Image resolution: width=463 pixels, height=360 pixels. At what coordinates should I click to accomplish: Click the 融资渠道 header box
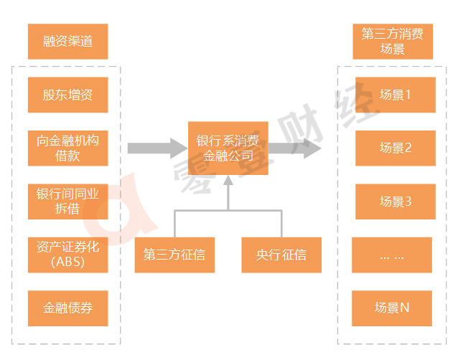(68, 42)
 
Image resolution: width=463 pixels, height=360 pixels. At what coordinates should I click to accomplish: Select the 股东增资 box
(68, 95)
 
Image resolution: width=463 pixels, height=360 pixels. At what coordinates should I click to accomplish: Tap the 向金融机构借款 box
(68, 148)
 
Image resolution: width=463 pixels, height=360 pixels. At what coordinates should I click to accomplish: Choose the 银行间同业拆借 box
(68, 202)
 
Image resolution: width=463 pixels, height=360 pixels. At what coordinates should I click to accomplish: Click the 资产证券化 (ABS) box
(68, 255)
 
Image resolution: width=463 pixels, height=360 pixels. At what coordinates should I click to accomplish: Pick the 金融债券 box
(68, 308)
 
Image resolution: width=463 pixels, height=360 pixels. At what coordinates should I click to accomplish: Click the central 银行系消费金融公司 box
(228, 148)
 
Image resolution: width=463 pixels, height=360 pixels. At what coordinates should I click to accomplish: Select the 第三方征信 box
(175, 255)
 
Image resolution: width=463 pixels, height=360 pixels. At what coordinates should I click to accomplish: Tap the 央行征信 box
(281, 255)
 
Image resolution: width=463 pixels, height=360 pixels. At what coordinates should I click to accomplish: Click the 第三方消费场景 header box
(393, 42)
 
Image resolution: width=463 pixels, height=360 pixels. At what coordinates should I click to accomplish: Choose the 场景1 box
(396, 95)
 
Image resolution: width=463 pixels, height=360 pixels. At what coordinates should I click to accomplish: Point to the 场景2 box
(396, 148)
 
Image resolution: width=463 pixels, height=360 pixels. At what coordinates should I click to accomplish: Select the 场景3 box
(396, 202)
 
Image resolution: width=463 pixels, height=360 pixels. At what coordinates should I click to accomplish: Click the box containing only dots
(392, 255)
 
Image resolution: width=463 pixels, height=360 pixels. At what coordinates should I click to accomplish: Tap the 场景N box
(392, 308)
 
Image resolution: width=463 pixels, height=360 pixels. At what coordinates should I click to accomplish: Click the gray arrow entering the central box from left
(158, 148)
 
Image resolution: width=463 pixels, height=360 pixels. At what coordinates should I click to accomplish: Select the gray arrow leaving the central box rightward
(295, 148)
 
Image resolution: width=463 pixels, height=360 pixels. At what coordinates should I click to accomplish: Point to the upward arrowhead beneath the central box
(228, 180)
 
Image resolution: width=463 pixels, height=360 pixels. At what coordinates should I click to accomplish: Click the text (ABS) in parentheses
(68, 262)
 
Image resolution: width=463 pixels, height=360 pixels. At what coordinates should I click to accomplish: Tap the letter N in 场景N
(405, 308)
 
